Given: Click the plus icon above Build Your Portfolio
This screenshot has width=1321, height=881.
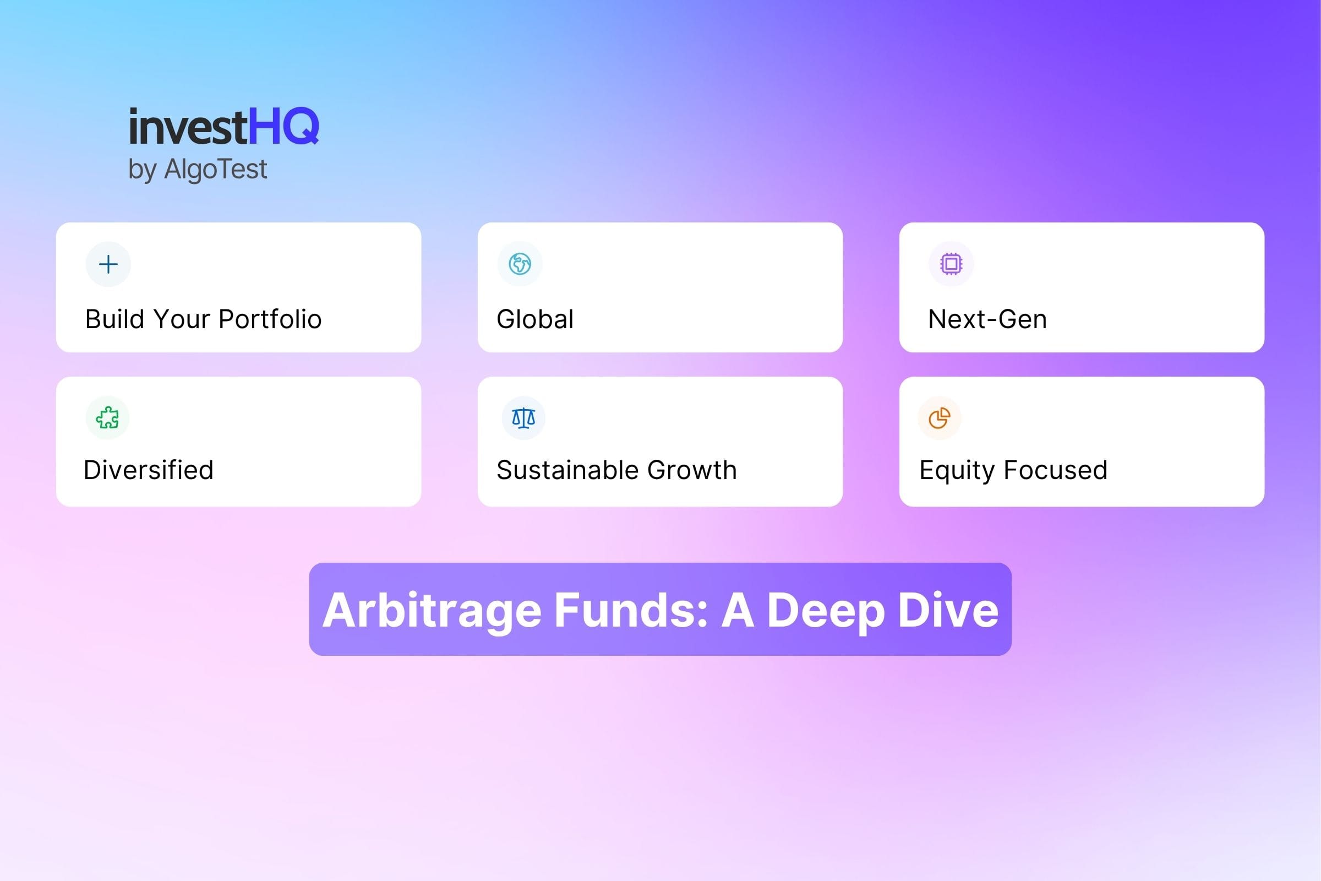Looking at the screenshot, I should tap(108, 264).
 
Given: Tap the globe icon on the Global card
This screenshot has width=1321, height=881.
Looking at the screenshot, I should tap(520, 264).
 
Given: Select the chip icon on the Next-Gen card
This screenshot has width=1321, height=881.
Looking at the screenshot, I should tap(951, 264).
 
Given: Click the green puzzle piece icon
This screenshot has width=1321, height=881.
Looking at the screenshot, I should tap(107, 418).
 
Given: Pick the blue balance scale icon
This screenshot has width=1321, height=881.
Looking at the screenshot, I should tap(523, 418).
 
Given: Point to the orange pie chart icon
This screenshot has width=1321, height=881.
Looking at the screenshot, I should tap(939, 418).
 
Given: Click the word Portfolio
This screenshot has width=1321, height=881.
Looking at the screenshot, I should tap(270, 319).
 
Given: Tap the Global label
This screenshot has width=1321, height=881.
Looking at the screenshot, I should tap(534, 319).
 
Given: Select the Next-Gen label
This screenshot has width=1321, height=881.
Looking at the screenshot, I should tap(987, 319).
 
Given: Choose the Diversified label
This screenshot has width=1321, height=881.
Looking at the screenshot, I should tap(148, 470).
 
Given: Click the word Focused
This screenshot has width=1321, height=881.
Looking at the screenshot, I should tap(1055, 470).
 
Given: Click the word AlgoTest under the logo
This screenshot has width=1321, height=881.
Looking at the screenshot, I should tap(215, 168).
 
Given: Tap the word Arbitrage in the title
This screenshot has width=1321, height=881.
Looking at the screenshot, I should tap(432, 610).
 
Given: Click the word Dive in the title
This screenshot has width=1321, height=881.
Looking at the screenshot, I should tap(948, 610).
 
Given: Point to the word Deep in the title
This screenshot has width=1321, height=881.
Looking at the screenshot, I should tap(826, 610).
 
